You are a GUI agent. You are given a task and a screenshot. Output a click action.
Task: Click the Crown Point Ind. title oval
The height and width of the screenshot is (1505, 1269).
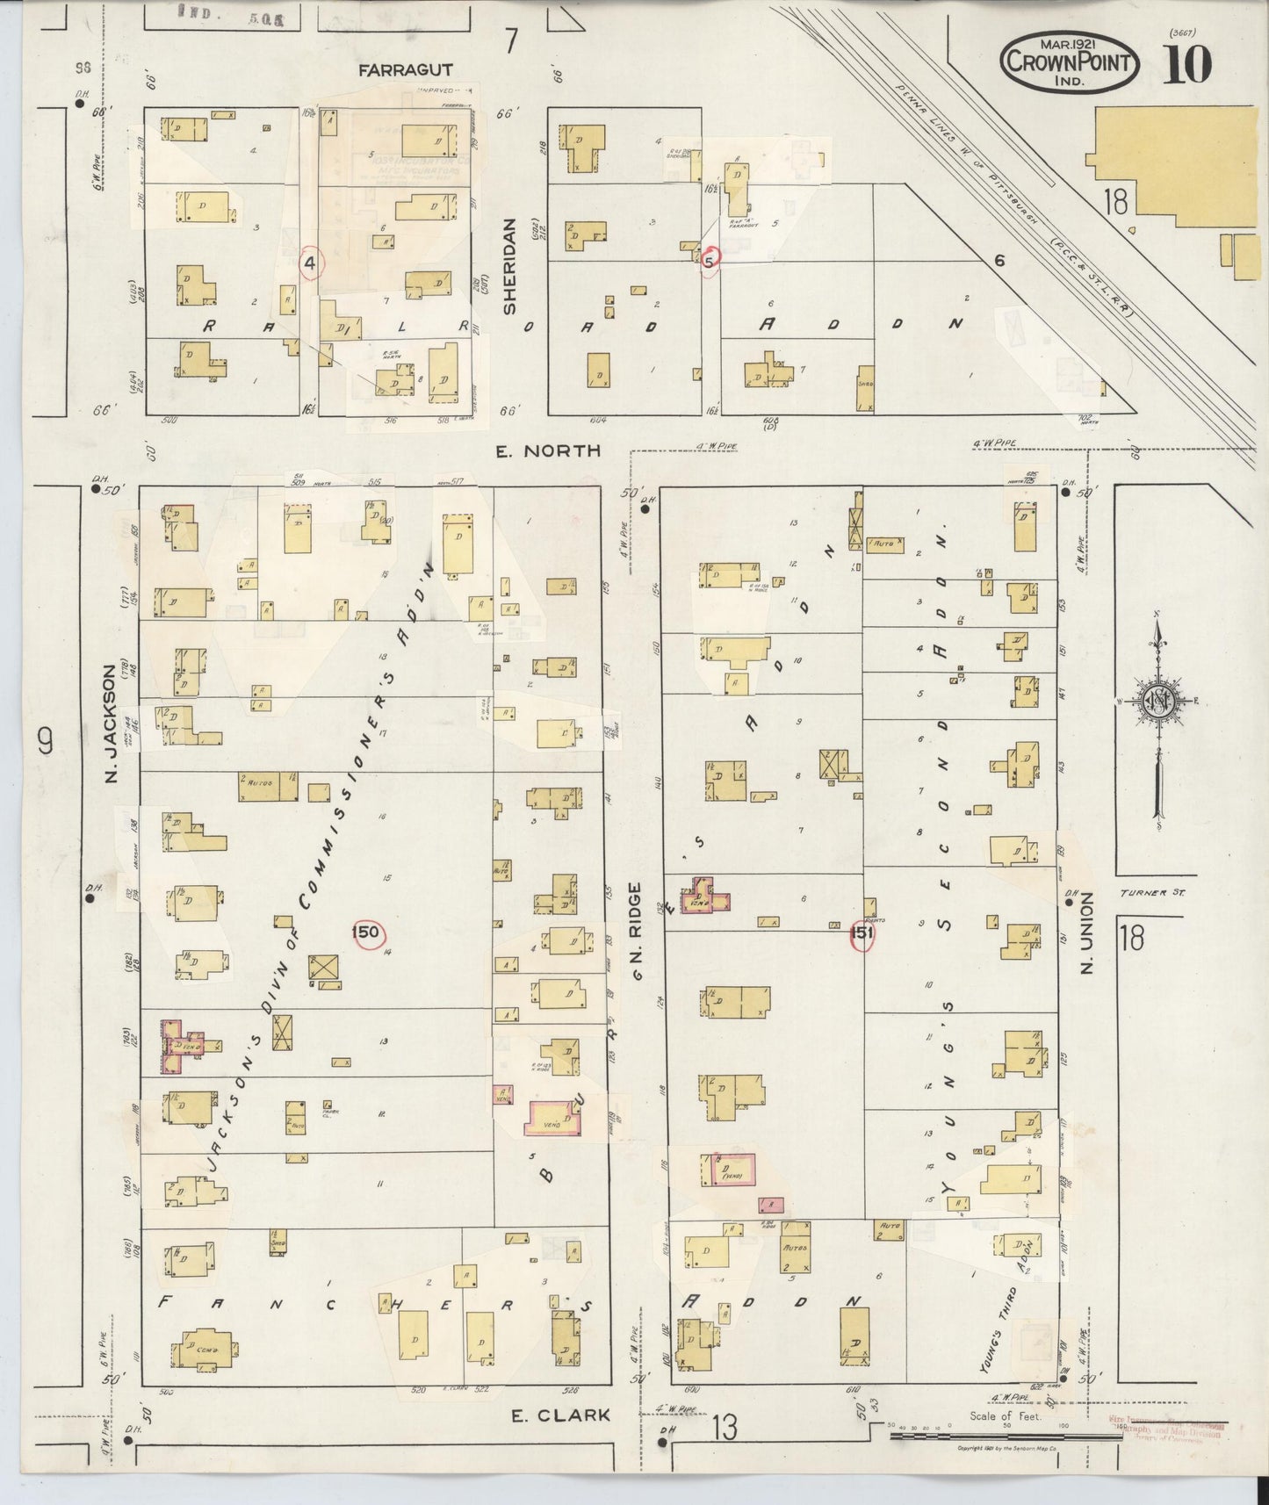tap(1070, 62)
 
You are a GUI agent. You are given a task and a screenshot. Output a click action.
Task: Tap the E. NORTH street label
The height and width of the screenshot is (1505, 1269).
tap(548, 450)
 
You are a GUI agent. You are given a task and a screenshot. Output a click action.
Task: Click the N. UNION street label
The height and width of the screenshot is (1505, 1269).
tap(1086, 933)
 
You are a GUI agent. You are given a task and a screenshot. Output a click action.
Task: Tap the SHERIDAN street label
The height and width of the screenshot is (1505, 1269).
tap(510, 266)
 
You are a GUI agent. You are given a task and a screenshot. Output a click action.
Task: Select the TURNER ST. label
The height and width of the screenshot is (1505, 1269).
tap(1153, 893)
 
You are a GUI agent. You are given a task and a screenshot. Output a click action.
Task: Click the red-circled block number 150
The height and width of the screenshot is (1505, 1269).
tap(365, 932)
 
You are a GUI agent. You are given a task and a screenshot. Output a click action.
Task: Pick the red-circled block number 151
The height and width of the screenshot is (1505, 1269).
tap(862, 934)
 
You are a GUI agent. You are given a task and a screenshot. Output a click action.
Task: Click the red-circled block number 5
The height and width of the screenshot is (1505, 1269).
tap(710, 259)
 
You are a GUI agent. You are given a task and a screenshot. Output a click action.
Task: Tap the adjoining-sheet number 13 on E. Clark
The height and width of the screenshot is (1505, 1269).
tap(725, 1428)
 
